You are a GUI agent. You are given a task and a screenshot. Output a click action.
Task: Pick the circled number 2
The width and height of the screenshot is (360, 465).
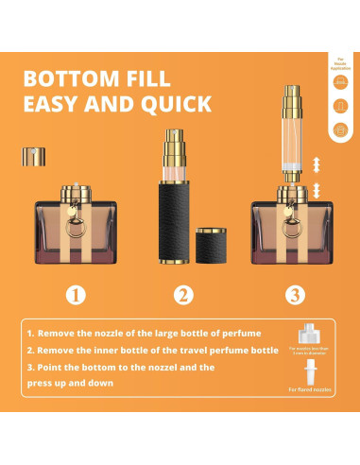coord(182,295)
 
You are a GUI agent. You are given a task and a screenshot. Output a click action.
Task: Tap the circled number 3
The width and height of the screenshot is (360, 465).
coord(296,295)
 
